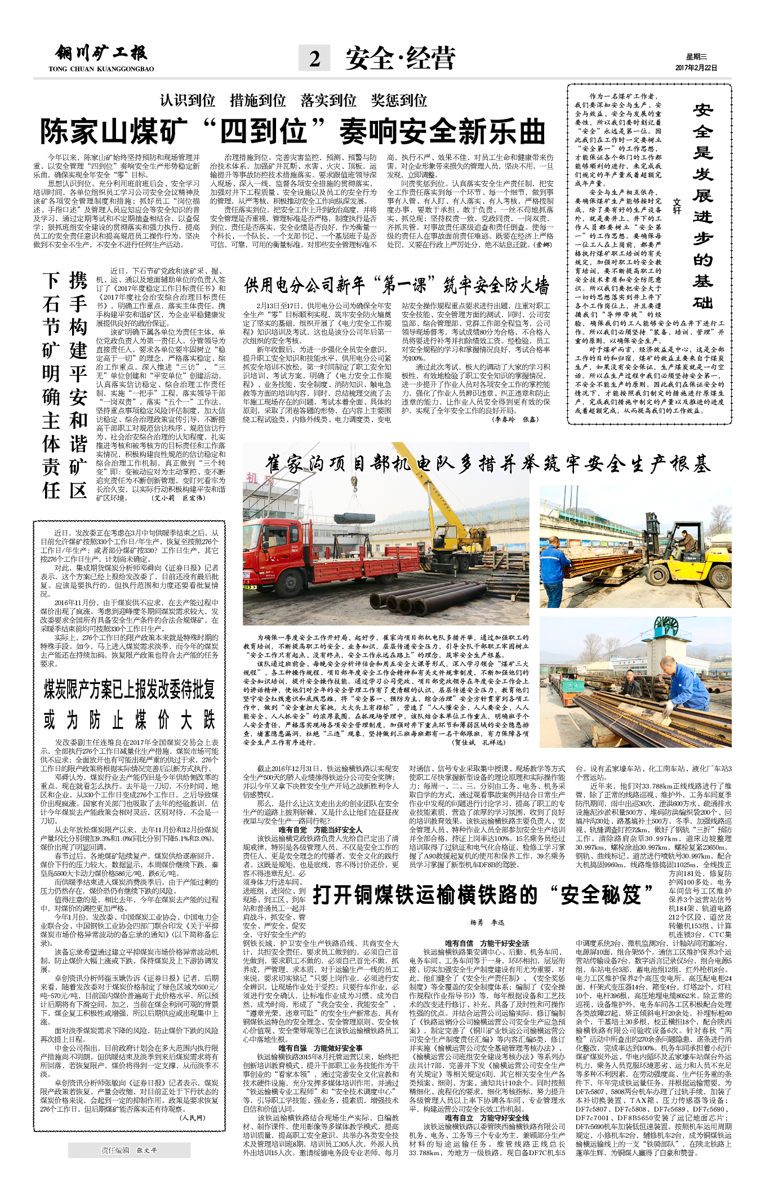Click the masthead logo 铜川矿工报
(101, 54)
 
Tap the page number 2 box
(314, 59)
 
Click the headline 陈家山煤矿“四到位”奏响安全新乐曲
(292, 132)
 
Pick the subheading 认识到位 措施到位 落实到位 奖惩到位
(293, 101)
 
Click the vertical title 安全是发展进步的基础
(702, 206)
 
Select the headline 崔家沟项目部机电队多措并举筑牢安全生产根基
(487, 464)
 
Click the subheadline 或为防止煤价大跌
(130, 720)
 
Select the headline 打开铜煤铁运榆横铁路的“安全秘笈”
(483, 895)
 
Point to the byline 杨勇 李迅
(487, 923)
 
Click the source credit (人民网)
(193, 1117)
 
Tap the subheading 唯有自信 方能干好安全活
(487, 943)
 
